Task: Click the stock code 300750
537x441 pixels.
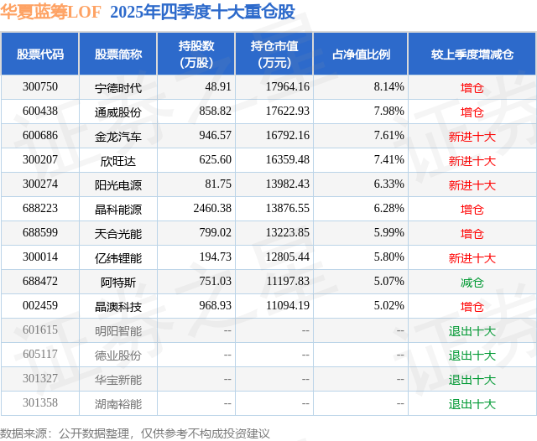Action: coord(40,87)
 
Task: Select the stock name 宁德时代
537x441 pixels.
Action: coord(118,87)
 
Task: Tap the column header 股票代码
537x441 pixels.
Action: coord(40,54)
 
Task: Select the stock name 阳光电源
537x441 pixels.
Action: coord(118,184)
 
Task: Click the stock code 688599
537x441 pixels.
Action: coord(40,233)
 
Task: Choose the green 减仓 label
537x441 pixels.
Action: coord(472,283)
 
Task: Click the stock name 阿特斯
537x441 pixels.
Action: coord(118,283)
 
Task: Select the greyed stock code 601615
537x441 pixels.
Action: coord(40,331)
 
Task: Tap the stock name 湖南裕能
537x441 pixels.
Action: coord(118,404)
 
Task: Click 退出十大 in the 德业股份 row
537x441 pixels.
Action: coord(472,355)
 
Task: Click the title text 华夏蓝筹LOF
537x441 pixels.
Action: coord(50,12)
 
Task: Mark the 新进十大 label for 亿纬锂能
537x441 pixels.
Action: coord(472,258)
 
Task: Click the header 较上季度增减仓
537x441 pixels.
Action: coord(472,54)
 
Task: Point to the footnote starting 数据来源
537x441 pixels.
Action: coord(135,433)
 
